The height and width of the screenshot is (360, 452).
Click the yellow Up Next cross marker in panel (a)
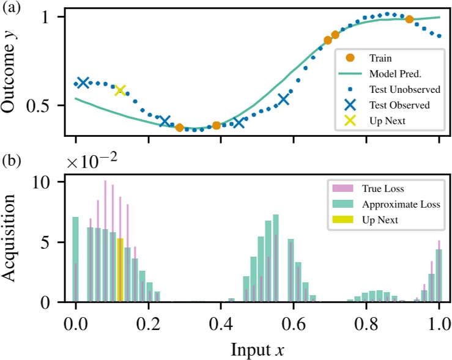pos(120,90)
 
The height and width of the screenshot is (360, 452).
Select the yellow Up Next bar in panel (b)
pos(120,270)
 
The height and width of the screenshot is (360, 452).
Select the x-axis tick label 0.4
pos(221,321)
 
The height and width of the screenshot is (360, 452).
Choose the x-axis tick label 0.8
pos(366,321)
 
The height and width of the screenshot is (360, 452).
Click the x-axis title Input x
pos(257,349)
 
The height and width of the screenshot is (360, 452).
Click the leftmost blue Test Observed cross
pos(83,83)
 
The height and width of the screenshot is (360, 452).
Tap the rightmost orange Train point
pos(410,20)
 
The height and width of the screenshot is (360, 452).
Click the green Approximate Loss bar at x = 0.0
pos(76,259)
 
